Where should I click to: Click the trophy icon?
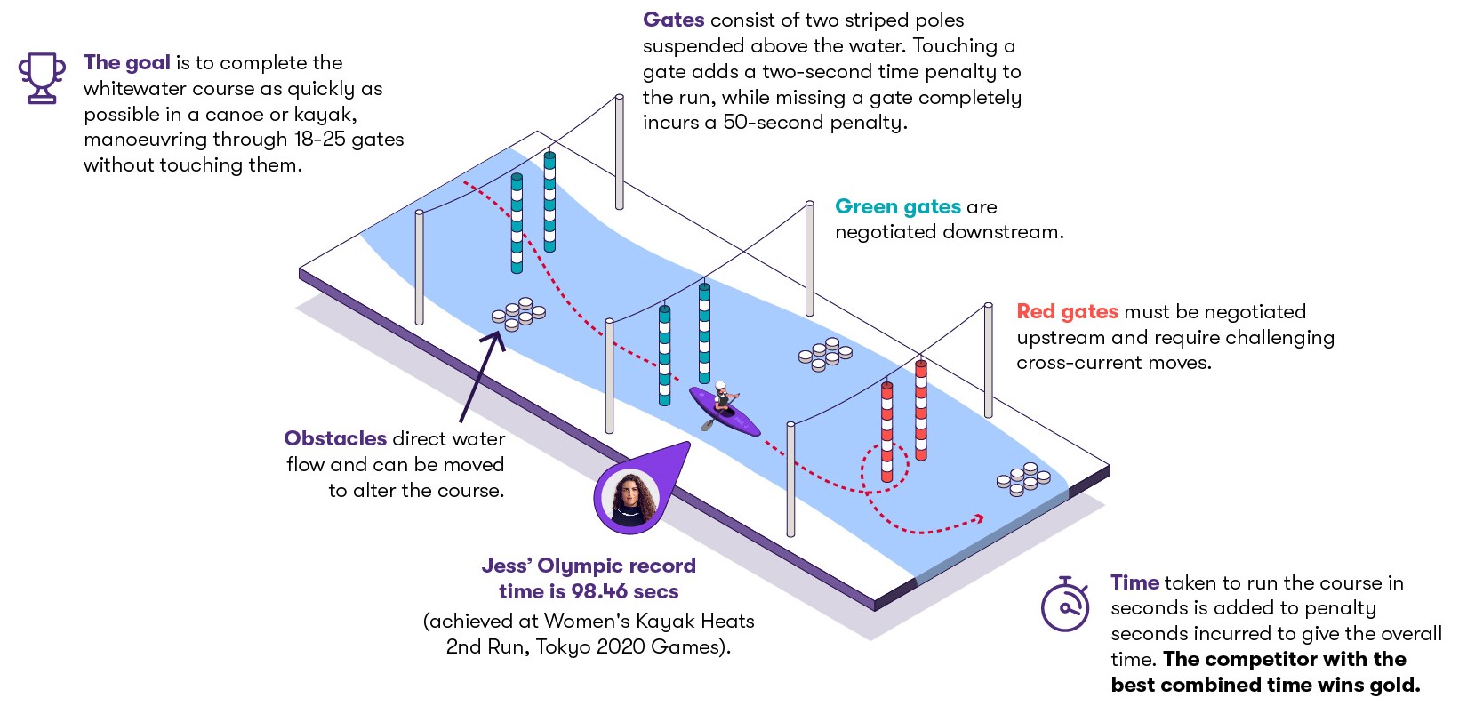pyautogui.click(x=42, y=78)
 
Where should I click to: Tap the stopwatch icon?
pyautogui.click(x=1065, y=605)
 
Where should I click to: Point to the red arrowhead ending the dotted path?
pyautogui.click(x=979, y=517)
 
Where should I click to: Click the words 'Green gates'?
pyautogui.click(x=898, y=207)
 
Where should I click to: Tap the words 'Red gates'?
pyautogui.click(x=1067, y=312)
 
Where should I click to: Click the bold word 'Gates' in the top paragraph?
pyautogui.click(x=673, y=20)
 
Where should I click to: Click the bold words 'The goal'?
pyautogui.click(x=127, y=63)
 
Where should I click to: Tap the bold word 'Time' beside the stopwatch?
pyautogui.click(x=1134, y=582)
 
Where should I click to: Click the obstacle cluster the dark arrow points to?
pyautogui.click(x=518, y=314)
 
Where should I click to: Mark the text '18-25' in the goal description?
pyautogui.click(x=322, y=140)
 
